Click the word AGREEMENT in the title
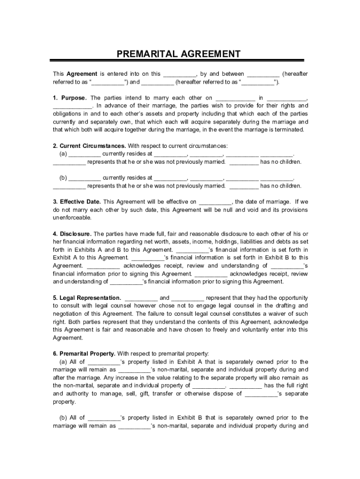point(210,54)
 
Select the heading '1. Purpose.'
point(70,98)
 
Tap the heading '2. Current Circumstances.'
point(89,145)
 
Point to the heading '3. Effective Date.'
point(77,202)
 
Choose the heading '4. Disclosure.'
point(72,233)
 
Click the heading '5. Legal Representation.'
point(87,298)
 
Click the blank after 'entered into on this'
point(180,74)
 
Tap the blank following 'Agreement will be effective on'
point(216,202)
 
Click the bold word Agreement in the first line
point(82,74)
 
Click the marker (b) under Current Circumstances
point(63,178)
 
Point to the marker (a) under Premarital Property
point(63,362)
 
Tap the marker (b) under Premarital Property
point(63,417)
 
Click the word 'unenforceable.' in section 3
point(72,218)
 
